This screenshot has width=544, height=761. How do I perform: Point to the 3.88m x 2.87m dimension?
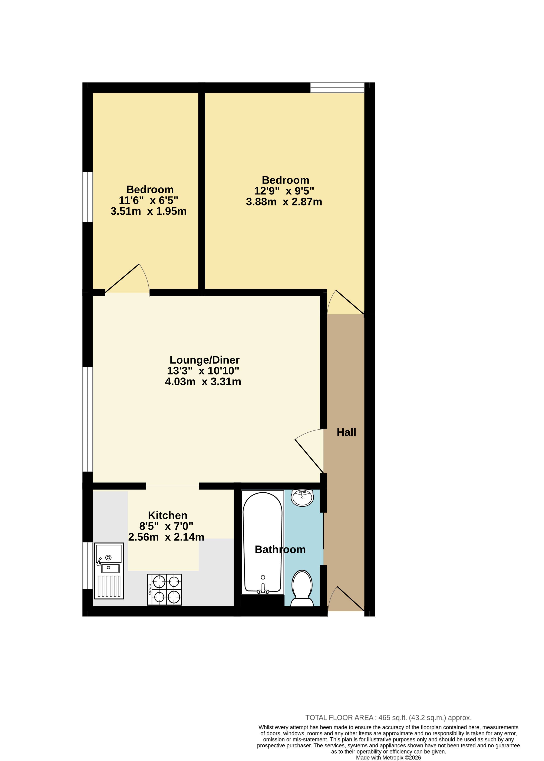(284, 202)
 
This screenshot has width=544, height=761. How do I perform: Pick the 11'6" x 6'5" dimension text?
(148, 200)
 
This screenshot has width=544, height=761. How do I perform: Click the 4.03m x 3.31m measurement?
(203, 382)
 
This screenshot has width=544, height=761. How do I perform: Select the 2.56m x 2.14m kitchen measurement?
(166, 537)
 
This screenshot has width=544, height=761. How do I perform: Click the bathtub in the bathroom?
(263, 543)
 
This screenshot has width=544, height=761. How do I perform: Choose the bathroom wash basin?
(302, 498)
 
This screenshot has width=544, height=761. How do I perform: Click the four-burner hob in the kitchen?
(164, 590)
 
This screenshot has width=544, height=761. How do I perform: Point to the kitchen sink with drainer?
(109, 571)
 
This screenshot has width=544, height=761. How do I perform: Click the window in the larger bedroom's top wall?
(337, 88)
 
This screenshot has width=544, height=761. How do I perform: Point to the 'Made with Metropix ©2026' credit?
(388, 758)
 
